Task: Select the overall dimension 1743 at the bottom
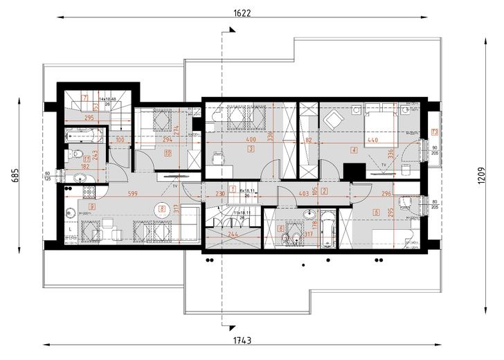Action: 242,340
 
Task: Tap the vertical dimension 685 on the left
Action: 15,176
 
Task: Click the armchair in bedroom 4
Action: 333,120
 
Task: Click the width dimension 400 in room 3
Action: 251,140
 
